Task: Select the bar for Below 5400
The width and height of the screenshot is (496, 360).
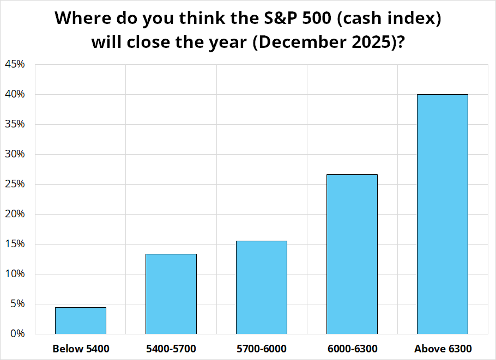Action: [81, 320]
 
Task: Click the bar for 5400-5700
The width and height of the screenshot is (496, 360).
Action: [171, 294]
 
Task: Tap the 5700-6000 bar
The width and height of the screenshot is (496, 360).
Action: [262, 288]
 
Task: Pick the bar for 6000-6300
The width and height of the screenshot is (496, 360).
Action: [352, 254]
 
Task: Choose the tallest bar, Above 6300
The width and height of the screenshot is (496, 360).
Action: [443, 214]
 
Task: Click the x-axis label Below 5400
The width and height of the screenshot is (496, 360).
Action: [81, 349]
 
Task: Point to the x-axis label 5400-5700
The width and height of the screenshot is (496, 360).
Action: [171, 349]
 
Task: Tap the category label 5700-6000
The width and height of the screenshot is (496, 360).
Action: [262, 349]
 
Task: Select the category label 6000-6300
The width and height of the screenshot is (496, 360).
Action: [353, 349]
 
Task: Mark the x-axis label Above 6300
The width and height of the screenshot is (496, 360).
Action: [443, 349]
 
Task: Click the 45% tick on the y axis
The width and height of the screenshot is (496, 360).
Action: [15, 64]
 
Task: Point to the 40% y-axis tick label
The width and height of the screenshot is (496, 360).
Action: [15, 94]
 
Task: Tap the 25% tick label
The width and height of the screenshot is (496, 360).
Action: [15, 184]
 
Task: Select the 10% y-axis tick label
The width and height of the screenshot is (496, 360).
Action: [15, 274]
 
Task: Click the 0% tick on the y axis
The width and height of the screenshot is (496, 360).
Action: [17, 334]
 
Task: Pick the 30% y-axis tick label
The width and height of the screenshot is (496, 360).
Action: [15, 154]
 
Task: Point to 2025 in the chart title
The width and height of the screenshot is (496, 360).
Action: [372, 42]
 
